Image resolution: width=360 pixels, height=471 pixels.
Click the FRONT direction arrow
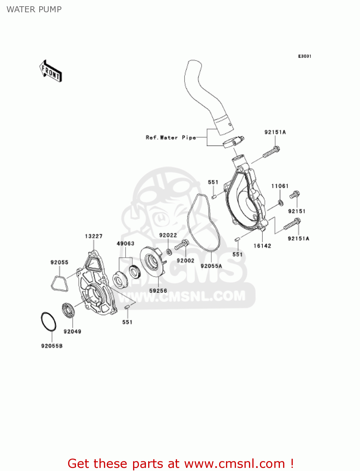tap(51, 71)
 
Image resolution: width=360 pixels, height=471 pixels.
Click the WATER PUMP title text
tap(34, 9)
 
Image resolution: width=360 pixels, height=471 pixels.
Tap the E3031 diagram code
tap(304, 56)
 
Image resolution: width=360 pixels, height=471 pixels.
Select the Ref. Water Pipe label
tap(171, 138)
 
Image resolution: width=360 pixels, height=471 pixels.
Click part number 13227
tap(94, 236)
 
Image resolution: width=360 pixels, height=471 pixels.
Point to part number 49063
tap(126, 243)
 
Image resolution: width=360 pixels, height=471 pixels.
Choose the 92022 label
tap(168, 235)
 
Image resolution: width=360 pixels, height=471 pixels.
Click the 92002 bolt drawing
tap(182, 245)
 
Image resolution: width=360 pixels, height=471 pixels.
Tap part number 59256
tap(158, 291)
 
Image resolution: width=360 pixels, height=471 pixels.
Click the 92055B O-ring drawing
tap(49, 322)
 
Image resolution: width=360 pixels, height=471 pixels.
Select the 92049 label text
tap(73, 331)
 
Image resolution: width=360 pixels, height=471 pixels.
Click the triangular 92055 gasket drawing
tap(59, 284)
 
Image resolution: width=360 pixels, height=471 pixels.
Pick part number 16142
tap(262, 246)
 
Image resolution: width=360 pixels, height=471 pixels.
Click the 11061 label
tap(280, 186)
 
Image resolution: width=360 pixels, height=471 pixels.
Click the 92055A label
tap(211, 266)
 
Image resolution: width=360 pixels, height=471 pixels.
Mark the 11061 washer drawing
tap(281, 203)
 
